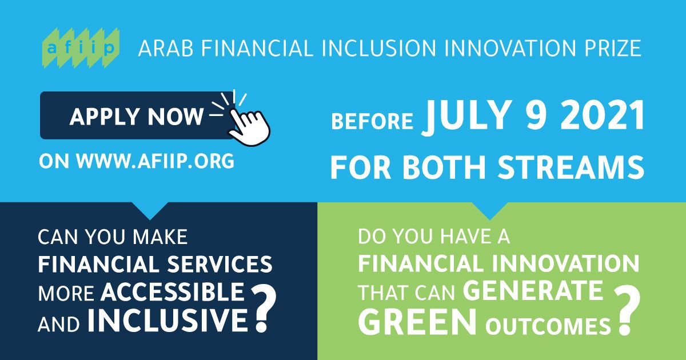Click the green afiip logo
(x=81, y=48)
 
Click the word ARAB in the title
(x=166, y=49)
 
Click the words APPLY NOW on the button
(x=137, y=117)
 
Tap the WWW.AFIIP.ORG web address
(x=155, y=161)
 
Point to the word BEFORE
(x=372, y=121)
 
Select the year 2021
(x=603, y=115)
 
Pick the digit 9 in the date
(x=535, y=115)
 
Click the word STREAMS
(x=571, y=167)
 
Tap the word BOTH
(x=444, y=167)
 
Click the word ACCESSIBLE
(x=173, y=291)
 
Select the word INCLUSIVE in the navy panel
(x=167, y=320)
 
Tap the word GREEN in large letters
(x=417, y=322)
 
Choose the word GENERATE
(x=533, y=291)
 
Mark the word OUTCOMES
(x=548, y=326)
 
